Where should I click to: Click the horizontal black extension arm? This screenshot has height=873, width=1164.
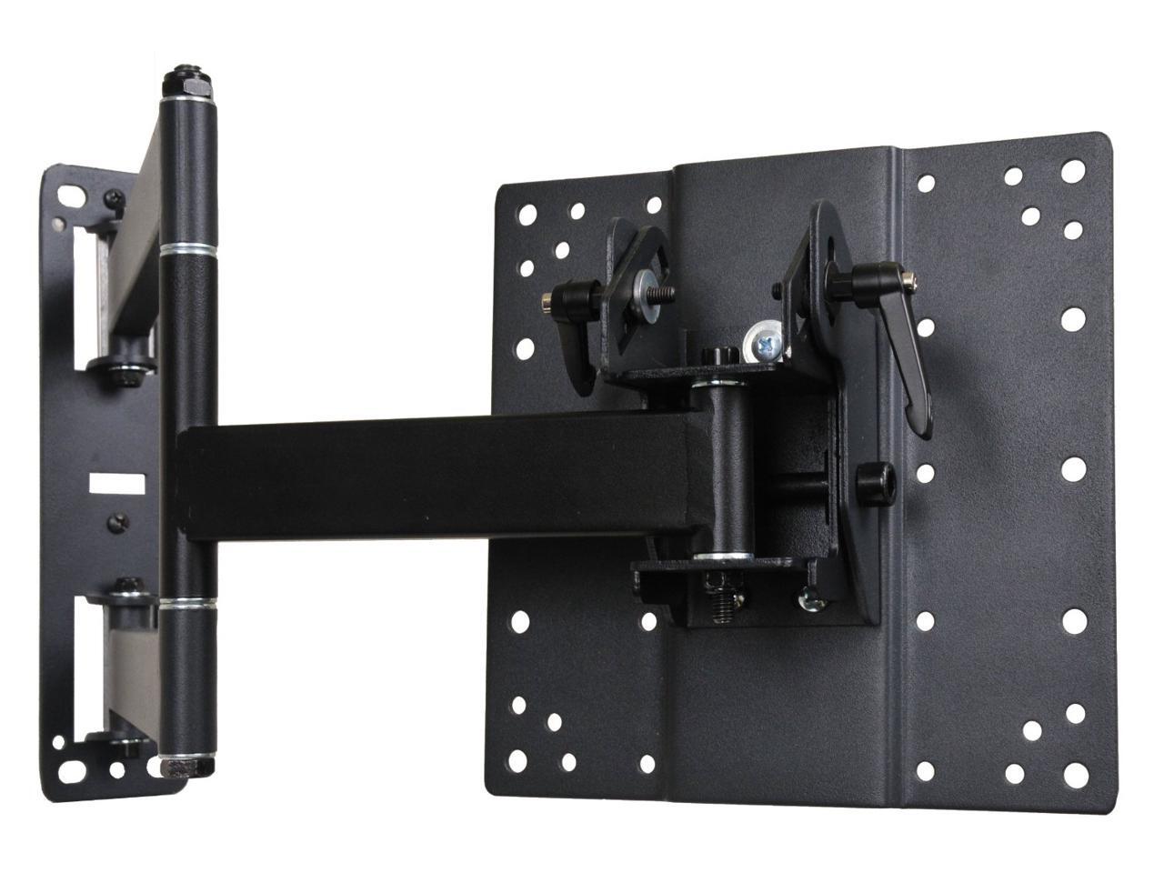click(436, 477)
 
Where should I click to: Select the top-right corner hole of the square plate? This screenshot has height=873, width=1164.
click(1073, 170)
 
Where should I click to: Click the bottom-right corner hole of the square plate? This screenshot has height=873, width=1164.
click(1076, 775)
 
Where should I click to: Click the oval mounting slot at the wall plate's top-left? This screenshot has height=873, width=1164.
click(71, 195)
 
